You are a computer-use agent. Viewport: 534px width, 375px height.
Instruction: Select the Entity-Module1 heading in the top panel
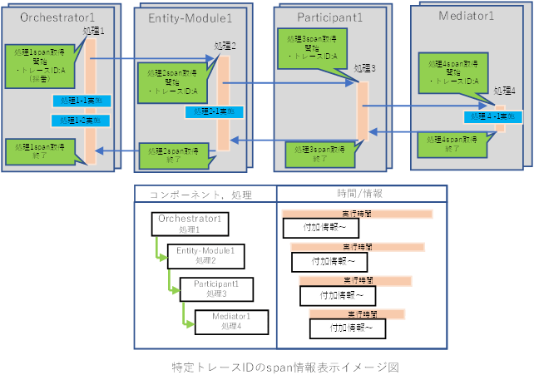[190, 17]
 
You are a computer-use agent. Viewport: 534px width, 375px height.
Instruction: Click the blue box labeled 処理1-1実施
[82, 101]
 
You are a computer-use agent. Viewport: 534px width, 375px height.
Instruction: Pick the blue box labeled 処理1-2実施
[82, 121]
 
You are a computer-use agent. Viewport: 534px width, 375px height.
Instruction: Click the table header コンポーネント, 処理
[200, 195]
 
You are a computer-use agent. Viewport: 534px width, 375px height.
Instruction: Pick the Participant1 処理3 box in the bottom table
[215, 289]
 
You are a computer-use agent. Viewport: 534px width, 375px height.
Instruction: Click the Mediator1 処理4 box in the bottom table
[230, 321]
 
